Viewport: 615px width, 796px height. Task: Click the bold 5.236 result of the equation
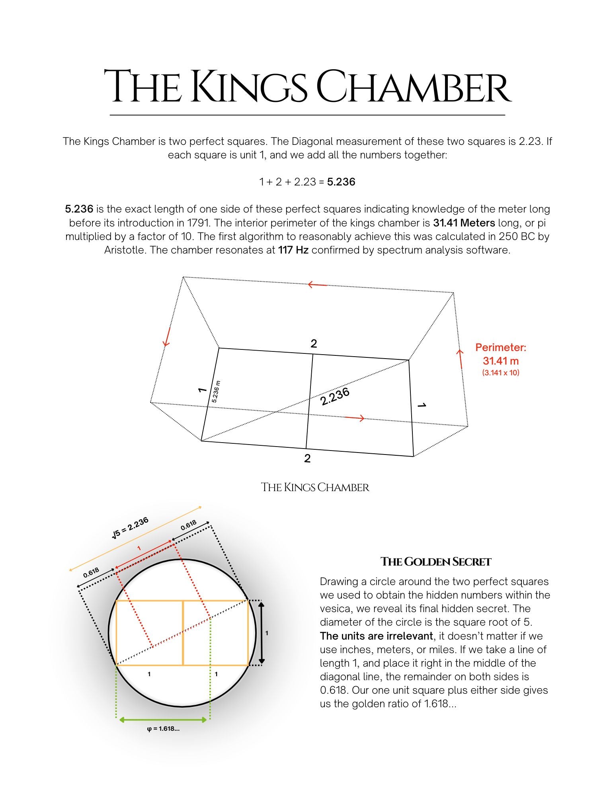[x=341, y=182]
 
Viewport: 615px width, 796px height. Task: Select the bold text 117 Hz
[x=293, y=250]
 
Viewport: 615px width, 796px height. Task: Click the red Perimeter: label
[x=500, y=347]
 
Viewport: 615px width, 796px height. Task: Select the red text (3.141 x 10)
[x=500, y=373]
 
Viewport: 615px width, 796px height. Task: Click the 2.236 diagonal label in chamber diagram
[x=335, y=396]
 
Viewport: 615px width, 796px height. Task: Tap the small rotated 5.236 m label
[x=215, y=392]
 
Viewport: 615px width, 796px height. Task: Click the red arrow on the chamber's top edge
[x=317, y=285]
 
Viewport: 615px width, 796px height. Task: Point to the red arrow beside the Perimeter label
[x=461, y=359]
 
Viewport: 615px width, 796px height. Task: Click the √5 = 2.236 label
[x=131, y=528]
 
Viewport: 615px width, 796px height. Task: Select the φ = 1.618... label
[x=163, y=729]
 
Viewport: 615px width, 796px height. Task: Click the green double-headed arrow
[x=163, y=719]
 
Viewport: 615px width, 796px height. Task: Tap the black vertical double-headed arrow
[x=261, y=633]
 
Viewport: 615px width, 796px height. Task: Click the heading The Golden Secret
[x=435, y=562]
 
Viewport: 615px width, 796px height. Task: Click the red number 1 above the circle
[x=139, y=548]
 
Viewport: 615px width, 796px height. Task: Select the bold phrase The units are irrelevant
[x=376, y=636]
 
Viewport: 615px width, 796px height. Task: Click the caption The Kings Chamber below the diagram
[x=315, y=487]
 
